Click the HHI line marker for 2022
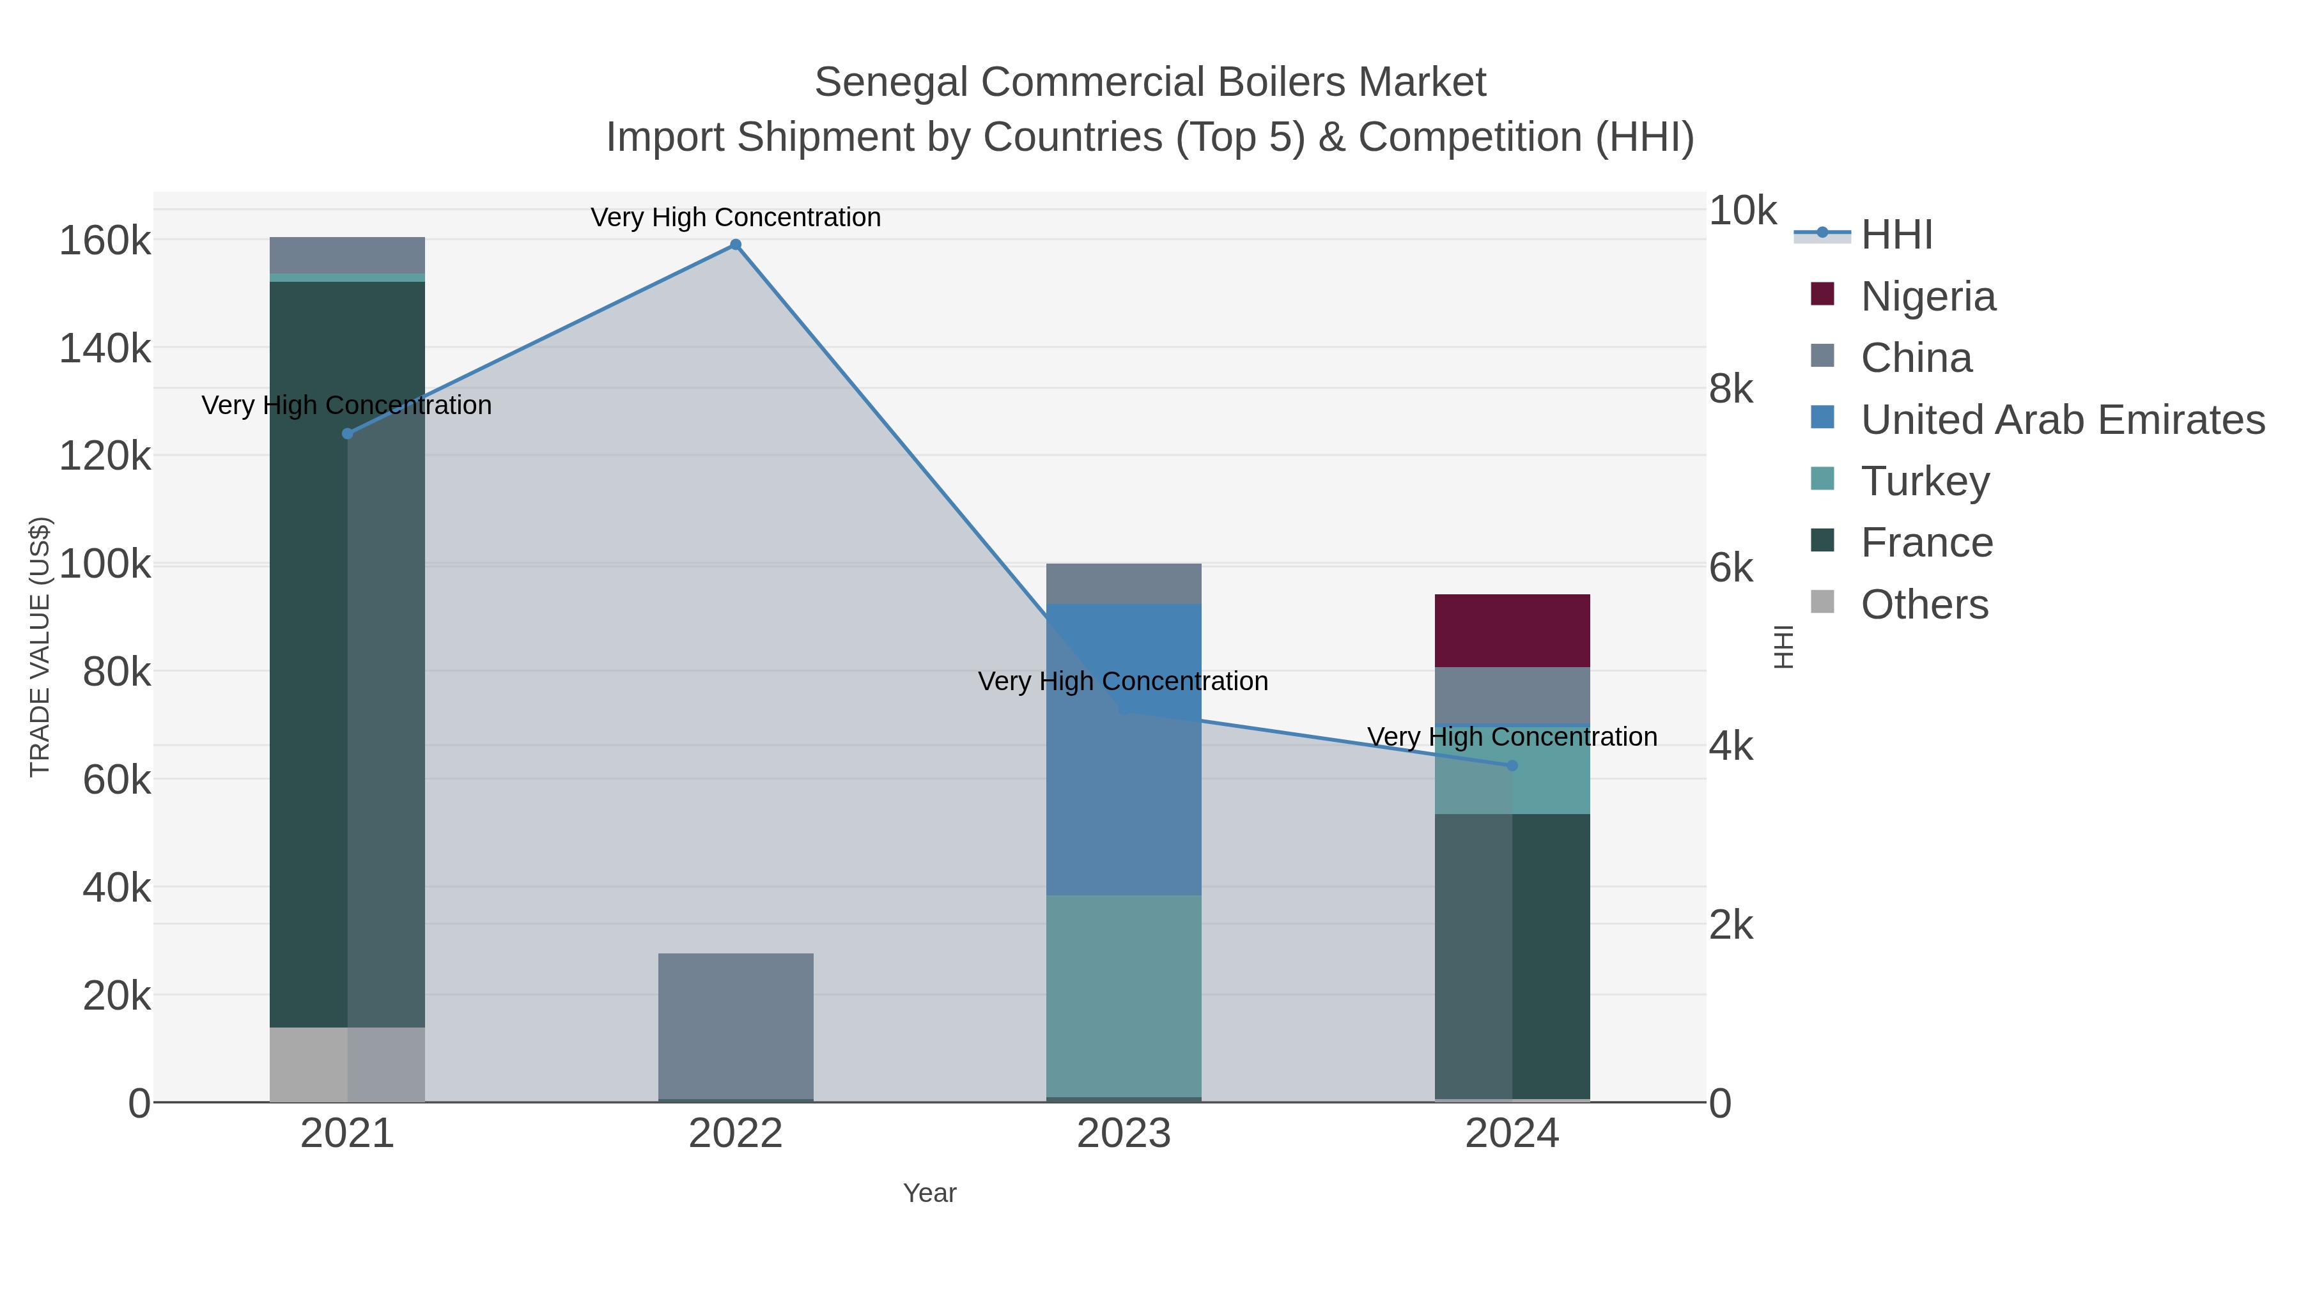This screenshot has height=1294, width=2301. point(735,245)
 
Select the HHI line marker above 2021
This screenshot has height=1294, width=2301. point(348,434)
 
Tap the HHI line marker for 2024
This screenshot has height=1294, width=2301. point(1512,766)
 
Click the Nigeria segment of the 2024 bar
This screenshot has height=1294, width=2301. point(1512,631)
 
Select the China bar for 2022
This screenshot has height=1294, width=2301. point(735,1025)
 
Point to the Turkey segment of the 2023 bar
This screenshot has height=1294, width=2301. point(1123,996)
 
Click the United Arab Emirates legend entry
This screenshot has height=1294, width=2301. point(2061,420)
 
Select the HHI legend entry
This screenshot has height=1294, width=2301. point(1896,235)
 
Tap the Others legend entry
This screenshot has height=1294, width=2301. point(1923,605)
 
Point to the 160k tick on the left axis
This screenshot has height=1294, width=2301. point(105,241)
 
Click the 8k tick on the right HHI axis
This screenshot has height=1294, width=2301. point(1730,389)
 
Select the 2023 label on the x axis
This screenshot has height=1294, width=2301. point(1123,1134)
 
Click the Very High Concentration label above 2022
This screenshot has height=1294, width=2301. point(735,217)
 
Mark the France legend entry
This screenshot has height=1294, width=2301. point(1926,543)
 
